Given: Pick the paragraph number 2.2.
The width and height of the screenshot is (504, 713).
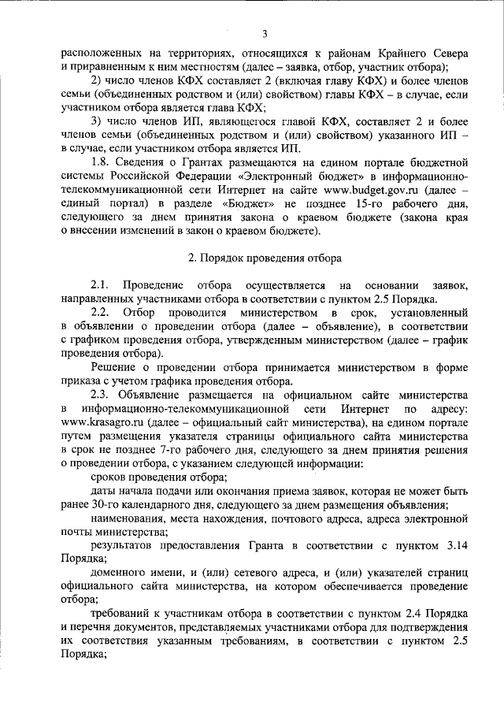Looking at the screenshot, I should coord(101,314).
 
